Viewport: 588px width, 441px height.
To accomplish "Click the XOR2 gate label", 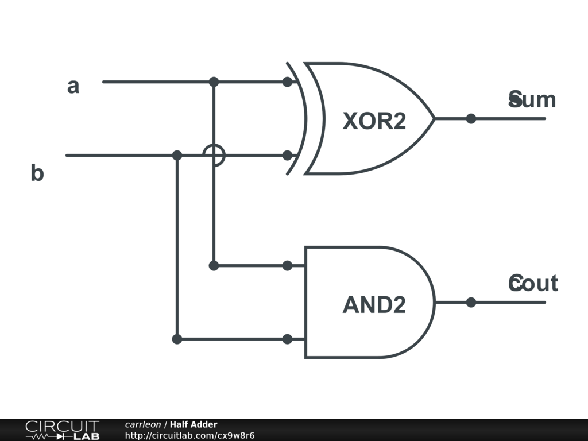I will point(374,121).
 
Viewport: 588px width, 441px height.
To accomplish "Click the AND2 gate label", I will point(374,305).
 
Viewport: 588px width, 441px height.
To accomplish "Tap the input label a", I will point(73,87).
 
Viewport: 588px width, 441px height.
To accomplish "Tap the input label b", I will point(37,173).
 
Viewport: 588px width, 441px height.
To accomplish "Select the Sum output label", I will point(532,100).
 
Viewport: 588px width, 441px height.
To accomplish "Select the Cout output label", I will point(533,283).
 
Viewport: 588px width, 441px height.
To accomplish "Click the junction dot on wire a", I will point(214,82).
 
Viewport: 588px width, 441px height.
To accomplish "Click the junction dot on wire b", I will point(177,155).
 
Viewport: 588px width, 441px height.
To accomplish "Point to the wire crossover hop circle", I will point(214,155).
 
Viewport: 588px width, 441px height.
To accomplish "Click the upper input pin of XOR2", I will point(287,82).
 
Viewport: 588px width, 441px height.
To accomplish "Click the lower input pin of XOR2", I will point(287,155).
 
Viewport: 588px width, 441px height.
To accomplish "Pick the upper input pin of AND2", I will point(287,265).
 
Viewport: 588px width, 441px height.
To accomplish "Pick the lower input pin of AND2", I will point(287,339).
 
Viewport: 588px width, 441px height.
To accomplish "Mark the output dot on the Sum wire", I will point(471,119).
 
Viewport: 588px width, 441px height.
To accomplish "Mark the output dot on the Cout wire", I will point(471,302).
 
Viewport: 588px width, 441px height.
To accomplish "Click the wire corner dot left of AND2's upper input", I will point(214,265).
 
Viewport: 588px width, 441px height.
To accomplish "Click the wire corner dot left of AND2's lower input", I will point(177,339).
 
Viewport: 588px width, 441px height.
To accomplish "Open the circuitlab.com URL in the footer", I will point(189,436).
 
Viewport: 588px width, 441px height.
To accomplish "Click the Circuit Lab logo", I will point(62,430).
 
